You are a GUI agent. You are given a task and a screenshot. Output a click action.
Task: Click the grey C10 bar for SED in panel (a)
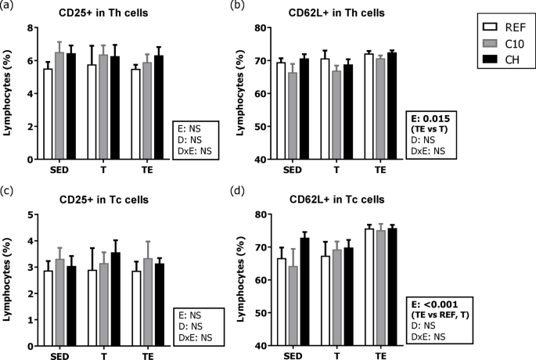pyautogui.click(x=59, y=116)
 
